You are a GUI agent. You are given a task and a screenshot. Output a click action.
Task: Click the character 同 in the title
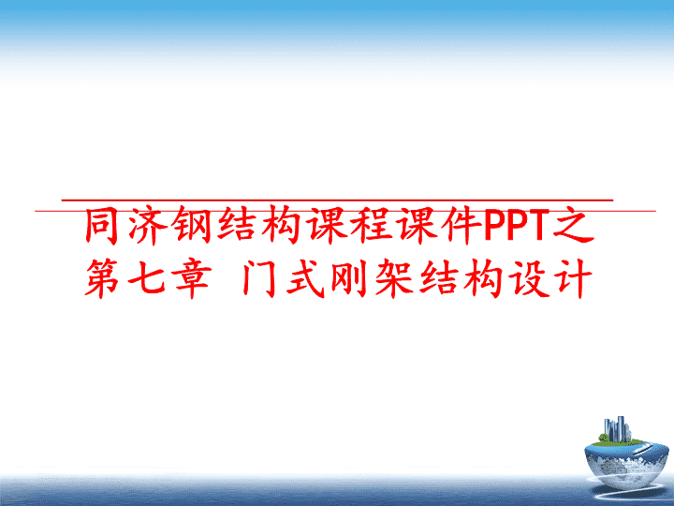(101, 226)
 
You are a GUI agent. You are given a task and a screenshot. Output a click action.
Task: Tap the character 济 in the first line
(146, 226)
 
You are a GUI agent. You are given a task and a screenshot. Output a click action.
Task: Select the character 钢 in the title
(191, 226)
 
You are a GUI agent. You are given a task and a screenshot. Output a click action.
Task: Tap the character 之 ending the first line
(574, 226)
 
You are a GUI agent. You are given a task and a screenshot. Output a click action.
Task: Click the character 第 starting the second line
(102, 278)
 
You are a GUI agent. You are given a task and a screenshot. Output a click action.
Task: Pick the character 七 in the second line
(146, 278)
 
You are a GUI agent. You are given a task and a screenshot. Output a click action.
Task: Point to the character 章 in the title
(192, 278)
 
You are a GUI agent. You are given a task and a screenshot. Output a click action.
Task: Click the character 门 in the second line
(259, 278)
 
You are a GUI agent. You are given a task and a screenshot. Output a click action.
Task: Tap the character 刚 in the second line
(350, 278)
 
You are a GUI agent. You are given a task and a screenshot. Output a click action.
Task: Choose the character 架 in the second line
(395, 278)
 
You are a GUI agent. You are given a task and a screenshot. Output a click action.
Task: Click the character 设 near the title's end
(529, 278)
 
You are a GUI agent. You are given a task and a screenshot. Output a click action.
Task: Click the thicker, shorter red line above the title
(337, 201)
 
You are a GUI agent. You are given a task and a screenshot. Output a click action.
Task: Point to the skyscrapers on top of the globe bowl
(617, 429)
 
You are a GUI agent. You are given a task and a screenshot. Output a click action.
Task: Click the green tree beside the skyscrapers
(604, 439)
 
